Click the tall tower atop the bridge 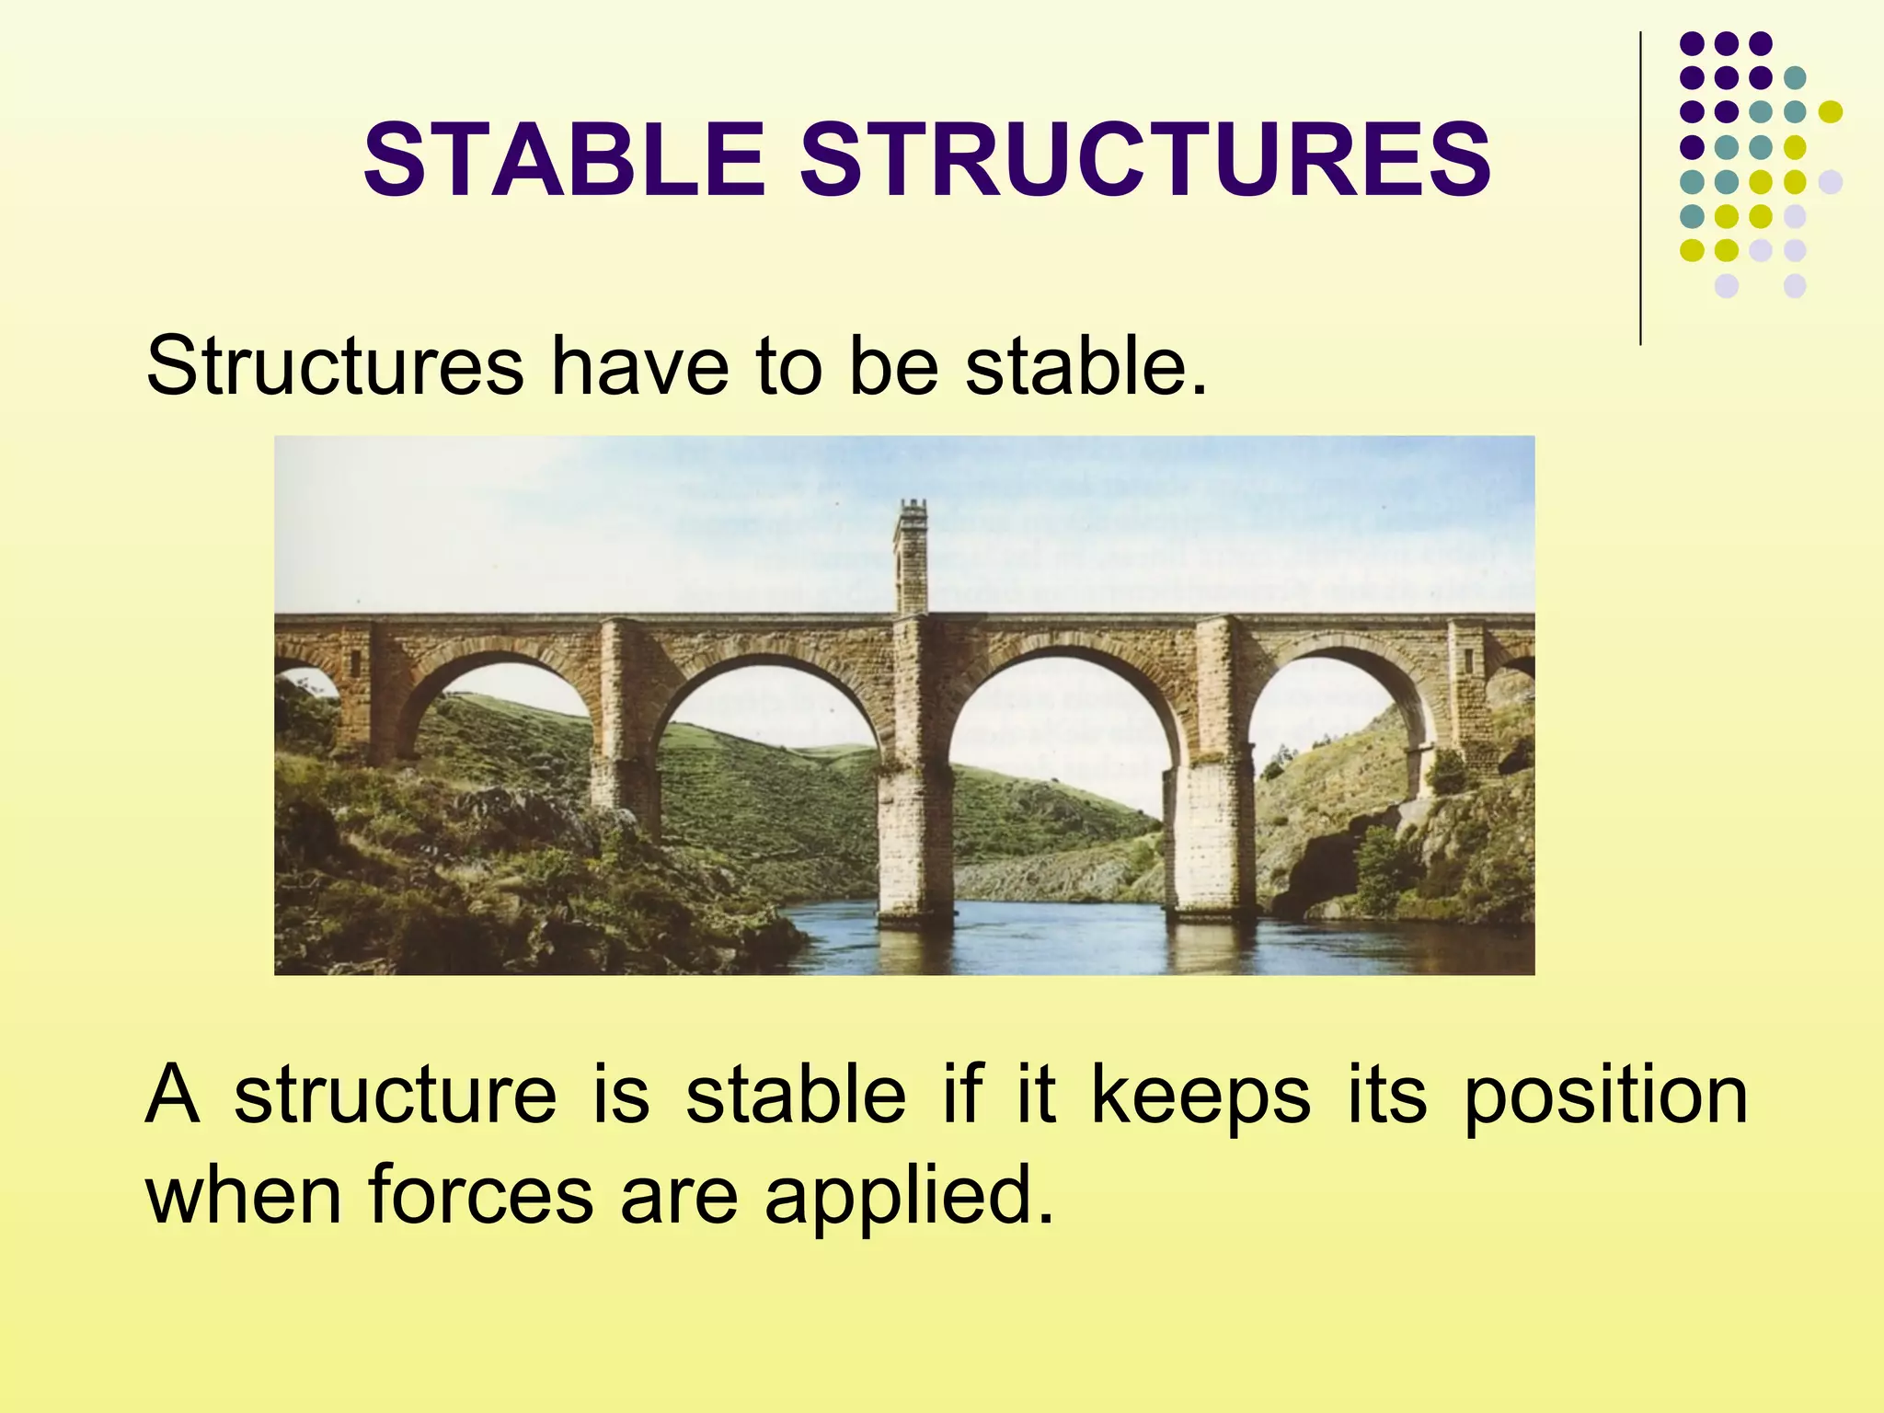[911, 557]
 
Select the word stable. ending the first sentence [1086, 366]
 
